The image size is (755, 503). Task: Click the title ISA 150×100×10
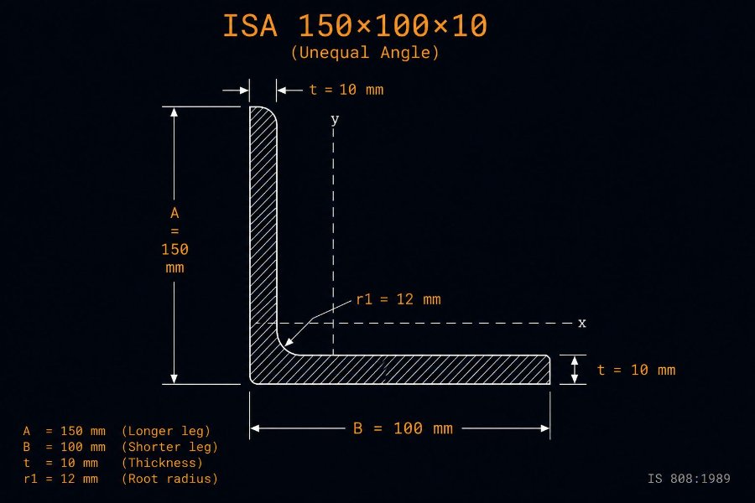pyautogui.click(x=355, y=25)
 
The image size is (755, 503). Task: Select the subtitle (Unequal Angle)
pyautogui.click(x=365, y=53)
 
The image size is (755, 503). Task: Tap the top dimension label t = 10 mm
pyautogui.click(x=346, y=90)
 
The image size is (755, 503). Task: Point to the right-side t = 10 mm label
pyautogui.click(x=636, y=370)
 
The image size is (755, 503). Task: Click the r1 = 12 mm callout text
pyautogui.click(x=398, y=299)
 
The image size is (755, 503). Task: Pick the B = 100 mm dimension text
pyautogui.click(x=403, y=428)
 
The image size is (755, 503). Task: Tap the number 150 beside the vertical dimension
pyautogui.click(x=174, y=249)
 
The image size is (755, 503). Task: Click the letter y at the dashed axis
pyautogui.click(x=335, y=119)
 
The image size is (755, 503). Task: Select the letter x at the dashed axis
pyautogui.click(x=582, y=323)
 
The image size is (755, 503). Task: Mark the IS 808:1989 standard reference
pyautogui.click(x=689, y=479)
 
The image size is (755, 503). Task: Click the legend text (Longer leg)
pyautogui.click(x=166, y=431)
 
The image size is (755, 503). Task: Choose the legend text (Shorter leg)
pyautogui.click(x=170, y=447)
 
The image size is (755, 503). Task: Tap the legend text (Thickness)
pyautogui.click(x=162, y=463)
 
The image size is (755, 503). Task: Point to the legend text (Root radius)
pyautogui.click(x=170, y=479)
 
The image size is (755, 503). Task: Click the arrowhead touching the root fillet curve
pyautogui.click(x=288, y=342)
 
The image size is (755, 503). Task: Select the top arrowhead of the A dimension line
pyautogui.click(x=174, y=111)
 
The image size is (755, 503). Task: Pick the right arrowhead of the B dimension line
pyautogui.click(x=544, y=428)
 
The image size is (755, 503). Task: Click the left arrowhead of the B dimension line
pyautogui.click(x=255, y=428)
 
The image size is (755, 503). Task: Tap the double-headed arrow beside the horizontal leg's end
pyautogui.click(x=574, y=370)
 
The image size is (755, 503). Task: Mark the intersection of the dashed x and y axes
pyautogui.click(x=333, y=323)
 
